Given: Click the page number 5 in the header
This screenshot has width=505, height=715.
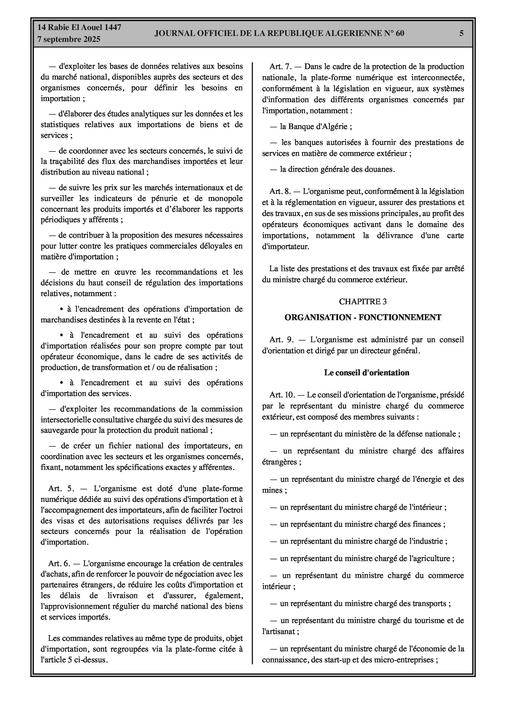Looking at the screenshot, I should click(x=461, y=33).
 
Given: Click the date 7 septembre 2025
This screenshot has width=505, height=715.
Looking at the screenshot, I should click(x=69, y=39).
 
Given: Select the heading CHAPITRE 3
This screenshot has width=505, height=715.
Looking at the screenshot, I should click(x=363, y=301).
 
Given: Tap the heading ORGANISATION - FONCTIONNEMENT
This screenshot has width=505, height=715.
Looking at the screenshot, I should click(x=363, y=317).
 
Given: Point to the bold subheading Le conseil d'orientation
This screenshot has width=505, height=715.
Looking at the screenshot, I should click(x=366, y=373).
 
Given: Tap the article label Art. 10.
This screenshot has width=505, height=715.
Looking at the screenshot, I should click(x=282, y=395).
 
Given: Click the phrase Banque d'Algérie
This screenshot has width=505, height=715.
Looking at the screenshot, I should click(x=318, y=127).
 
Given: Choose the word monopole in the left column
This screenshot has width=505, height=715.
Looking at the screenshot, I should click(x=225, y=198).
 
